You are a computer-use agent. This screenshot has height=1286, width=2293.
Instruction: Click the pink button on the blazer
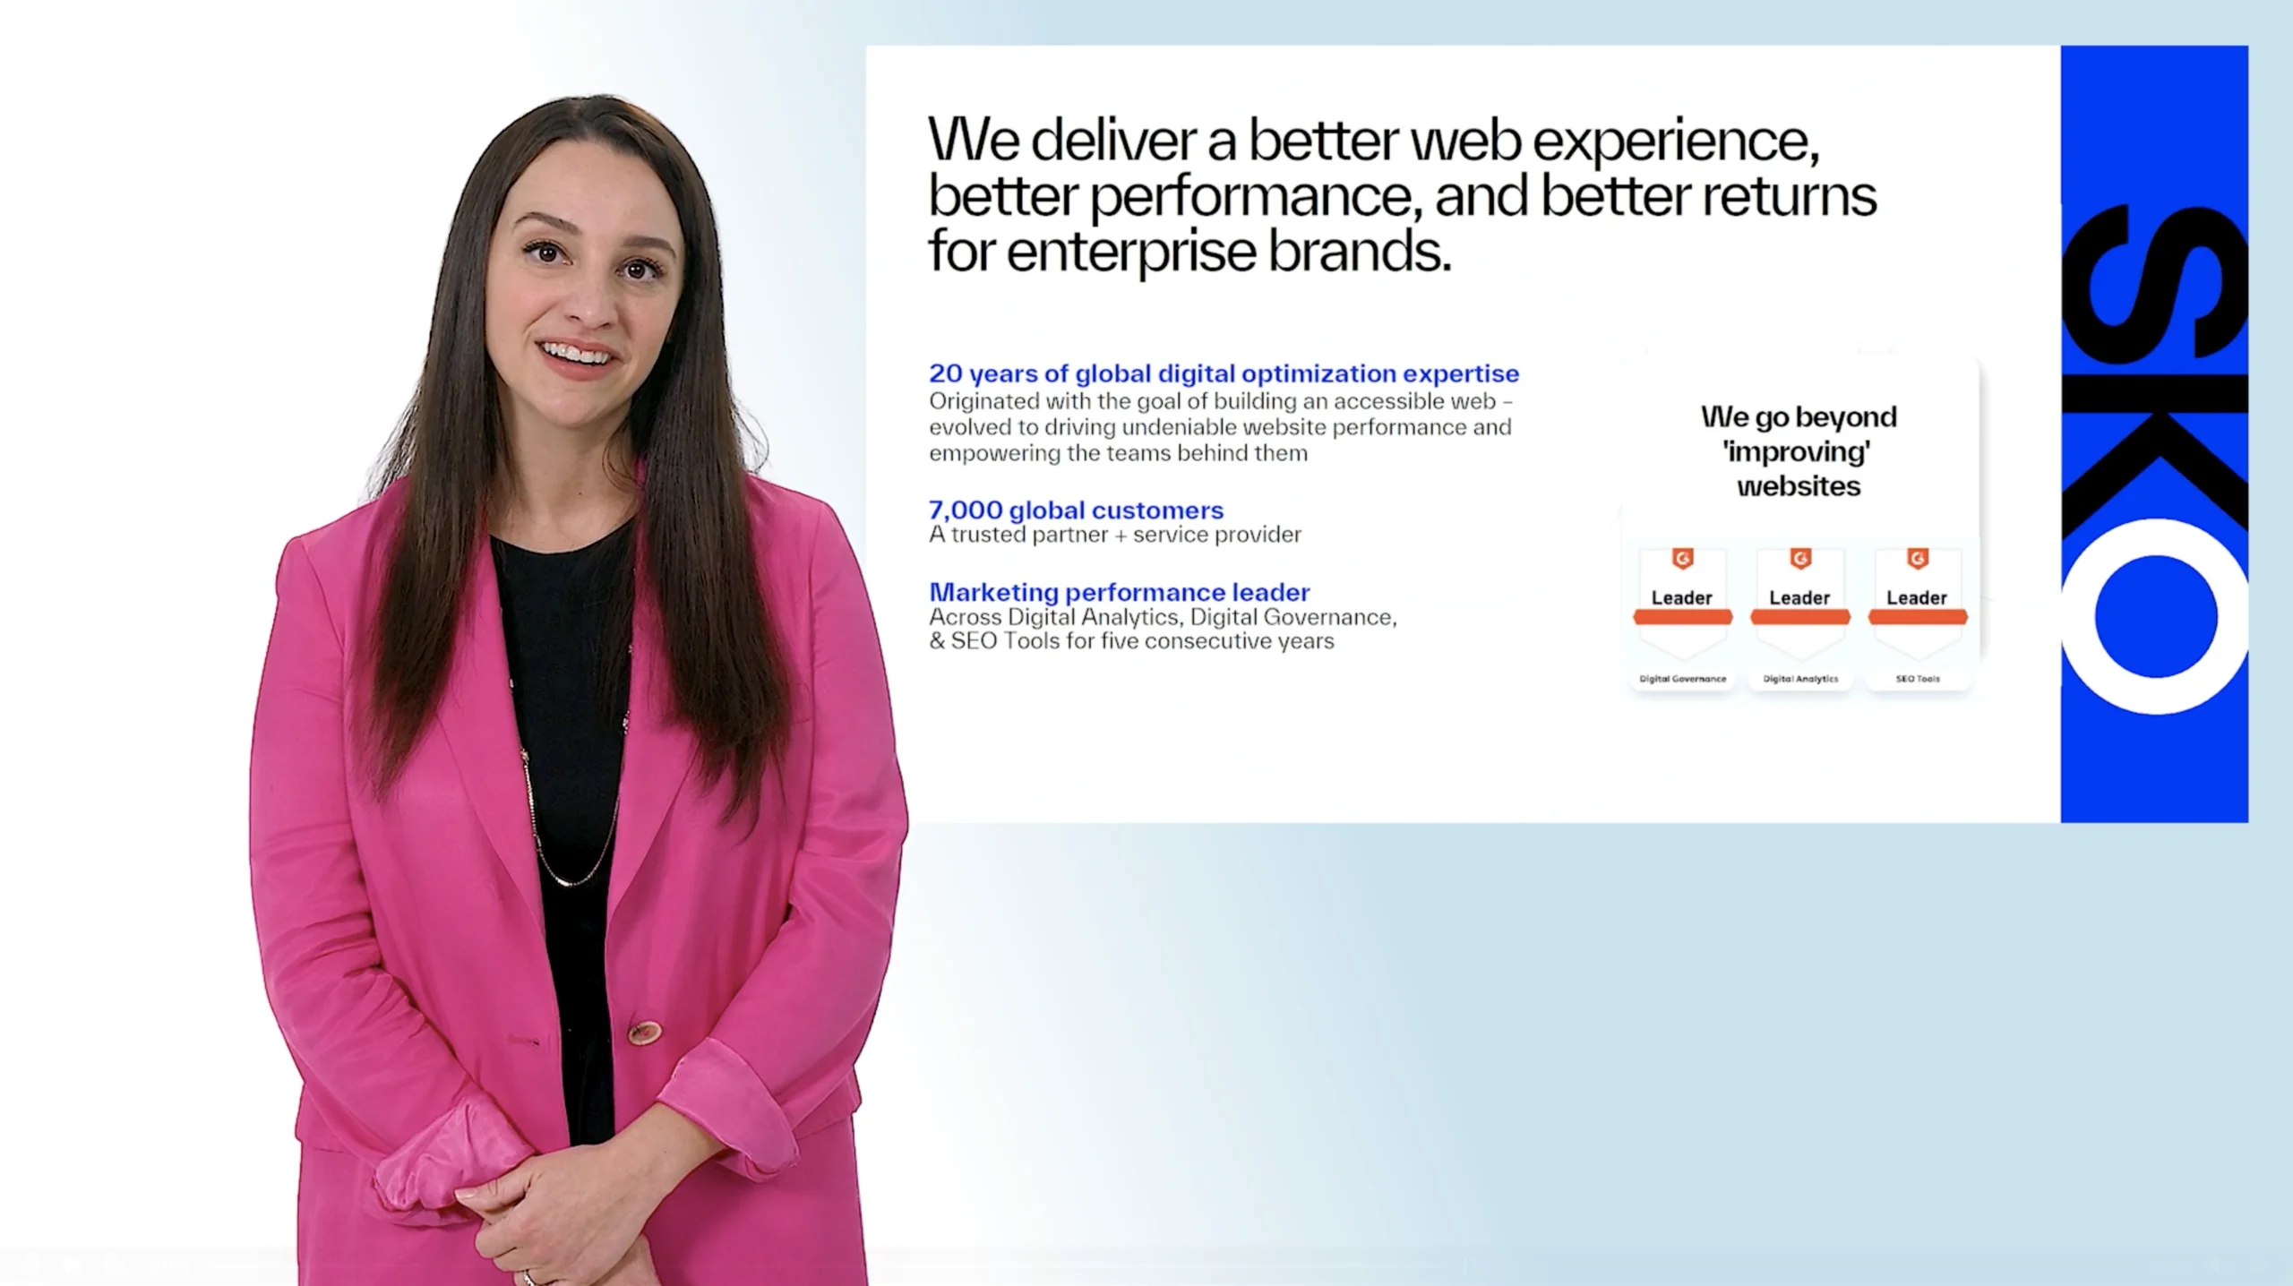[x=642, y=1032]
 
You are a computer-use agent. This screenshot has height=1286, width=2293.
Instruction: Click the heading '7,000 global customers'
[x=1076, y=510]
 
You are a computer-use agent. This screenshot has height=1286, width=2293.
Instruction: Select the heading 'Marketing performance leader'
[x=1119, y=592]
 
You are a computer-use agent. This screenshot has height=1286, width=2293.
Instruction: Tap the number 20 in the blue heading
[x=945, y=373]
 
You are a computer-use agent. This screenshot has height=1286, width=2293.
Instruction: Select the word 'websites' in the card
[x=1799, y=486]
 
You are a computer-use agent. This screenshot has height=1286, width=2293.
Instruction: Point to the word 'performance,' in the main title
[x=1256, y=198]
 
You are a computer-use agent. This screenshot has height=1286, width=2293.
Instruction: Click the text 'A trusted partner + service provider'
[x=1114, y=535]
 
